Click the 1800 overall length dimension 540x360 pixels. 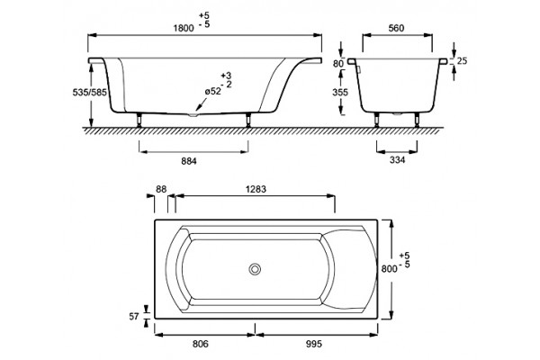(x=184, y=28)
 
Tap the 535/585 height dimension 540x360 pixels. (x=89, y=92)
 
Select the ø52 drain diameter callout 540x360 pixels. (x=212, y=91)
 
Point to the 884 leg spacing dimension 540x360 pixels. (x=189, y=161)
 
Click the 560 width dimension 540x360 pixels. (x=396, y=28)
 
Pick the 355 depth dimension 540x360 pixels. (x=340, y=92)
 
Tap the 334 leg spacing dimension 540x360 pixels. (x=397, y=160)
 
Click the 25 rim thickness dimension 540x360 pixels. (x=462, y=60)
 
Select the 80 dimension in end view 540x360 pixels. (x=338, y=63)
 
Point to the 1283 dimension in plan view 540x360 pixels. (x=256, y=189)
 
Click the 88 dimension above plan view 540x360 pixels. (x=161, y=189)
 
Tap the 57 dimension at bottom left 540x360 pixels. (x=134, y=316)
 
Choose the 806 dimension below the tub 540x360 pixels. (x=201, y=344)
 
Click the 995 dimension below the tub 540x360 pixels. (x=314, y=344)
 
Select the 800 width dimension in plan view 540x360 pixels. (x=389, y=268)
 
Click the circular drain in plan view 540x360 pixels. (x=255, y=269)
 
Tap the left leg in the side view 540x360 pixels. (x=139, y=120)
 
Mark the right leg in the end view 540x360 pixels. (x=417, y=120)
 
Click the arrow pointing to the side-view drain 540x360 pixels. (x=201, y=104)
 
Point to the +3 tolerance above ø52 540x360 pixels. (x=226, y=76)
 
